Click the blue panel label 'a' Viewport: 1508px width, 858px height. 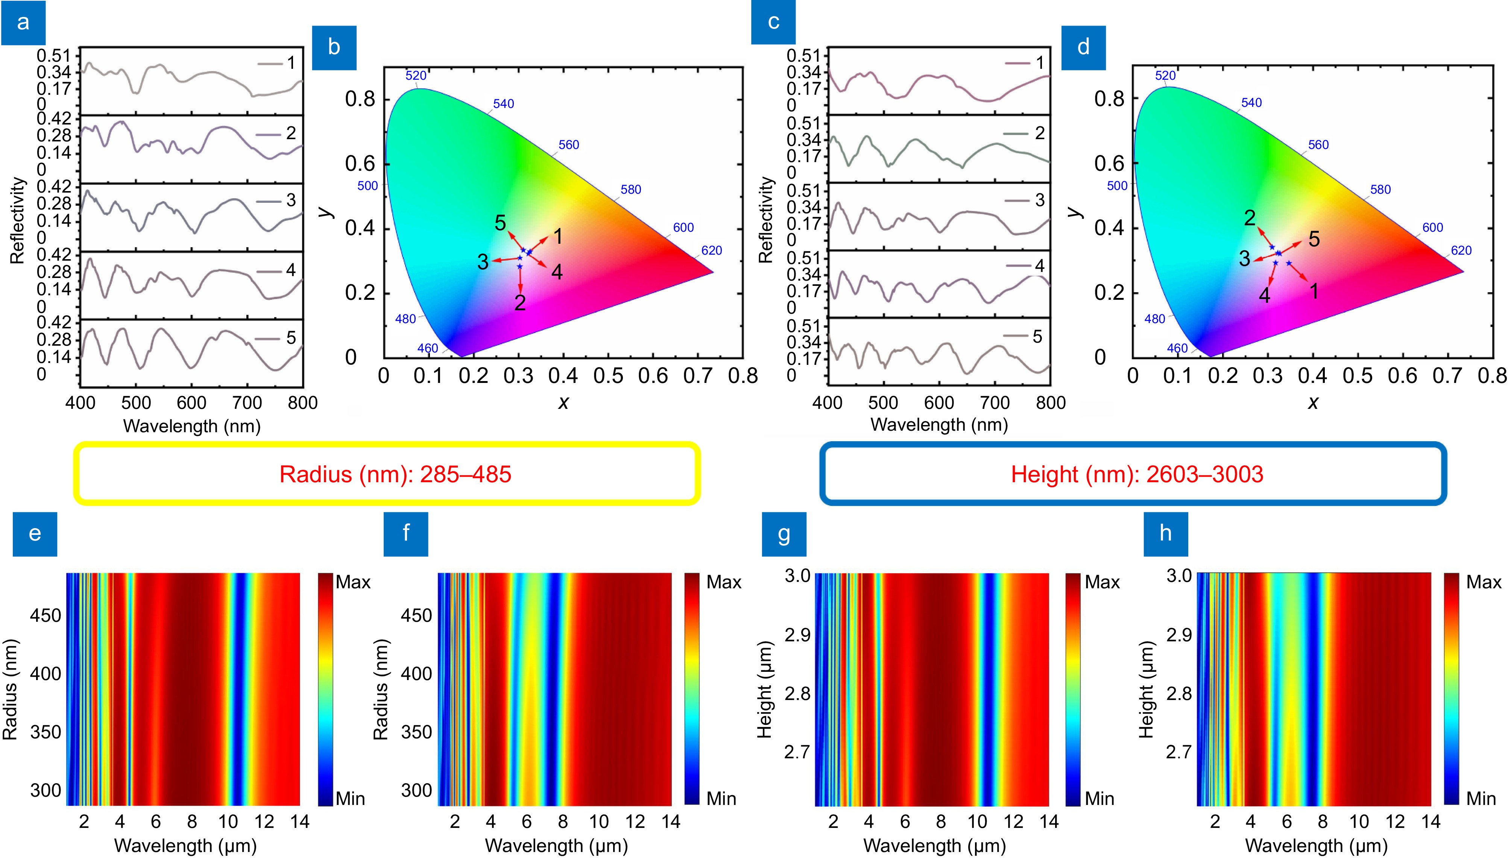coord(23,23)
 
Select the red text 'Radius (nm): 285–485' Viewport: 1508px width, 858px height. coord(395,474)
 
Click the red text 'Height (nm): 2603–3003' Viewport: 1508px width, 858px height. coord(1137,474)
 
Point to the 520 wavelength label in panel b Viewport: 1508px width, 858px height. coord(415,76)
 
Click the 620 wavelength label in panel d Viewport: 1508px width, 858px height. coord(1461,251)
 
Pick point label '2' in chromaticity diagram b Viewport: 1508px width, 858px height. coord(520,302)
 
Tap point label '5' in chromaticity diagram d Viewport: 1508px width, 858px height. coord(1314,238)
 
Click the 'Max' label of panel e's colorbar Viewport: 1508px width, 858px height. coord(352,582)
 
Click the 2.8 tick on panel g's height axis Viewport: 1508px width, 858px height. coord(797,694)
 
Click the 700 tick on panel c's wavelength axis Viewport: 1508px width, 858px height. coord(995,403)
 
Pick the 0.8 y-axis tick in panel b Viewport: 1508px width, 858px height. coord(360,99)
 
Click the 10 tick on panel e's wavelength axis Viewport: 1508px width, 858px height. coord(228,822)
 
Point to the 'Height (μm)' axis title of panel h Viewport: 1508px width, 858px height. coord(1146,689)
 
